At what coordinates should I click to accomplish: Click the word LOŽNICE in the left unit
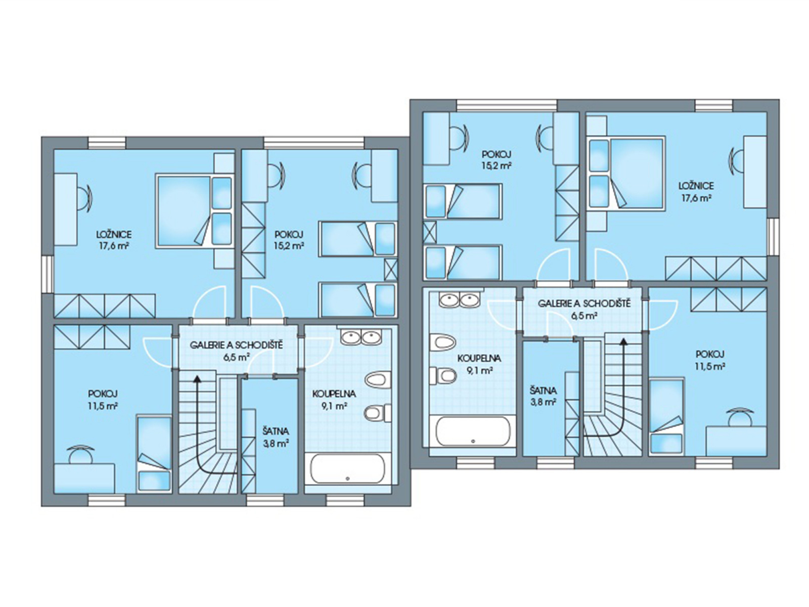coord(114,234)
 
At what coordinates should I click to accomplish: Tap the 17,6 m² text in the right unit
coord(695,198)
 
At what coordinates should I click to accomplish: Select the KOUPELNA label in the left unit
coord(334,394)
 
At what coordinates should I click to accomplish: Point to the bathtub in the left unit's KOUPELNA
coord(347,468)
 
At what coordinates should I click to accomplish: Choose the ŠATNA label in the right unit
coord(543,391)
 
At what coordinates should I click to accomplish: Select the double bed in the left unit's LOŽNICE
coord(194,210)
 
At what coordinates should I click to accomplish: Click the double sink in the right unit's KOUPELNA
coord(460,299)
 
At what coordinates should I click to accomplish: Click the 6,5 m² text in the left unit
coord(236,357)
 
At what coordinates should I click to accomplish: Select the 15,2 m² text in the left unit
coord(289,245)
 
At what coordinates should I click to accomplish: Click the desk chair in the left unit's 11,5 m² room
coord(80,453)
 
